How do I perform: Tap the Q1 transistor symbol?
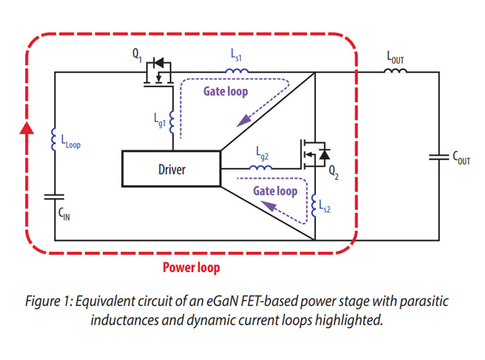tap(159, 73)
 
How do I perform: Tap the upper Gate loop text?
tap(225, 91)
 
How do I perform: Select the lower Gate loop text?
tap(275, 191)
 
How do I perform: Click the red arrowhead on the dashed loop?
tap(27, 129)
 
